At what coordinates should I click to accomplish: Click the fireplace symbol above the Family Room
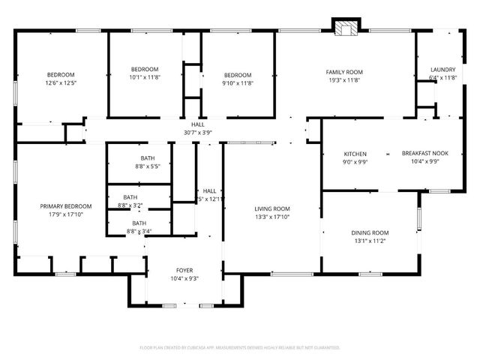pyautogui.click(x=346, y=28)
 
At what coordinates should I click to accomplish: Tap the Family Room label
pyautogui.click(x=343, y=72)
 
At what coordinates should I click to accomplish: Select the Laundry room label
pyautogui.click(x=442, y=70)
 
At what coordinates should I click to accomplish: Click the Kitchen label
pyautogui.click(x=355, y=153)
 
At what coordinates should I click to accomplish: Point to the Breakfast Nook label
pyautogui.click(x=424, y=153)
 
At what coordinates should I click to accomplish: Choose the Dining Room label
pyautogui.click(x=370, y=232)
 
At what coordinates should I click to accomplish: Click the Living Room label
pyautogui.click(x=272, y=208)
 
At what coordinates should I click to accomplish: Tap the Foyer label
pyautogui.click(x=184, y=270)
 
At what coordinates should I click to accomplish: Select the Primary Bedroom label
pyautogui.click(x=66, y=205)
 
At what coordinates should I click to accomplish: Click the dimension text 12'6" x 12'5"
pyautogui.click(x=61, y=82)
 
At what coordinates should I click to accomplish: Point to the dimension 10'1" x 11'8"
pyautogui.click(x=145, y=76)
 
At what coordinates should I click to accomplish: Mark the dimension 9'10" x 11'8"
pyautogui.click(x=238, y=82)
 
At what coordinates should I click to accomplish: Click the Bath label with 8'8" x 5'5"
pyautogui.click(x=148, y=157)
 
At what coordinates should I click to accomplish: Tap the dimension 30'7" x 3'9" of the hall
pyautogui.click(x=197, y=133)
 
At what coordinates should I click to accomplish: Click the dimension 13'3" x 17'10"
pyautogui.click(x=272, y=217)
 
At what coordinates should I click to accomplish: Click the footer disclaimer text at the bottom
pyautogui.click(x=239, y=348)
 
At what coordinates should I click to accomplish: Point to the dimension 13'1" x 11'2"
pyautogui.click(x=370, y=241)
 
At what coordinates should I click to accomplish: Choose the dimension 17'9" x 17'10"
pyautogui.click(x=66, y=214)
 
